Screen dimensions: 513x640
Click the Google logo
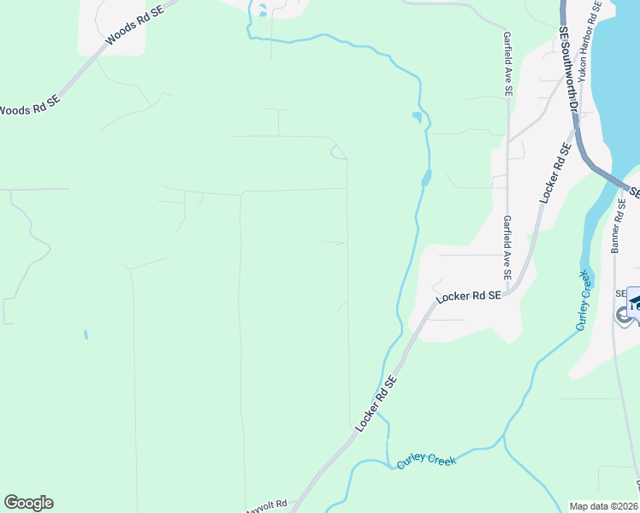pos(28,503)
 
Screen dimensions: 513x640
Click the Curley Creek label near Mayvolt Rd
pos(427,461)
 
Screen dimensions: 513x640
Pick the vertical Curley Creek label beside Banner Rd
pos(583,301)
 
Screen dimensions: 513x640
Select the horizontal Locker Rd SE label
pos(468,297)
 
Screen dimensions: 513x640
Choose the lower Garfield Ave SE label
pos(507,248)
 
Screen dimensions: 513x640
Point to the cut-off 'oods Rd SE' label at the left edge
pos(30,109)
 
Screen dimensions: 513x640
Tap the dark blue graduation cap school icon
pos(635,304)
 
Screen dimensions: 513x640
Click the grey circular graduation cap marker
pos(622,315)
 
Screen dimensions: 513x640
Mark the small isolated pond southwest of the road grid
pos(86,334)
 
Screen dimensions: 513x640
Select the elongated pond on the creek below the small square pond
pos(426,178)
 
